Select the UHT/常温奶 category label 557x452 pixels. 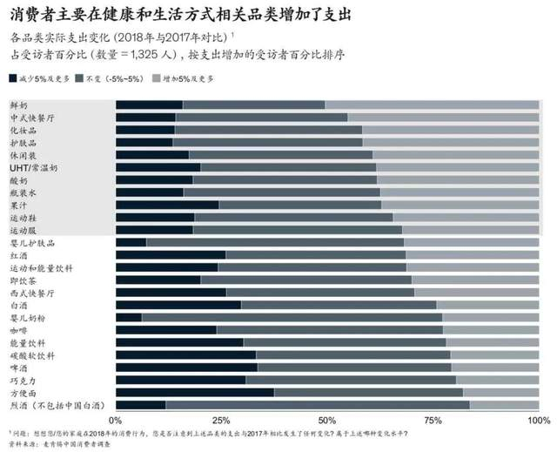coord(34,166)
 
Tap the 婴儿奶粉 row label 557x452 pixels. coord(27,318)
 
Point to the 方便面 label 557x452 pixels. coord(23,393)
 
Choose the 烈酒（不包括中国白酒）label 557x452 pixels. coord(57,406)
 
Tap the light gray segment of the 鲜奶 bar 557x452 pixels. coord(432,105)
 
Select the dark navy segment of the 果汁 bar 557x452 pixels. coord(166,205)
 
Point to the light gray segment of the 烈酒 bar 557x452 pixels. coord(504,406)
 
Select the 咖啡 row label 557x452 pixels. coord(18,330)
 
